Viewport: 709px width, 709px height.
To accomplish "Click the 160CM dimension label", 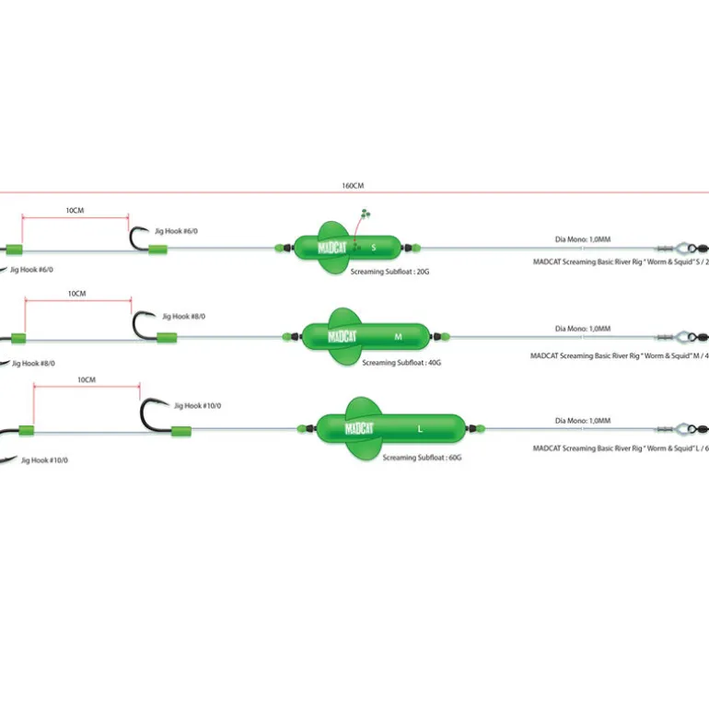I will click(353, 185).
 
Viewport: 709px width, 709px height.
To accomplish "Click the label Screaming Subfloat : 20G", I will click(390, 273).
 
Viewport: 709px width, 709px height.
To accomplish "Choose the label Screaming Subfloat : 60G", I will click(423, 456).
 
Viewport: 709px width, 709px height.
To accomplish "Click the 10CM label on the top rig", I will click(75, 210).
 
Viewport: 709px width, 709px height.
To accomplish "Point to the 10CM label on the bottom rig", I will click(87, 379).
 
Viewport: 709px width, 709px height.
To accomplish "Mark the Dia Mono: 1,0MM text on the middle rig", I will click(583, 328).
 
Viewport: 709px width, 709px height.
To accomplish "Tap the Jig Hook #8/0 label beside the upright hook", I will click(183, 316).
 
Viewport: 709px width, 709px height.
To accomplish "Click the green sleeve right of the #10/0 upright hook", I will click(180, 430).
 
